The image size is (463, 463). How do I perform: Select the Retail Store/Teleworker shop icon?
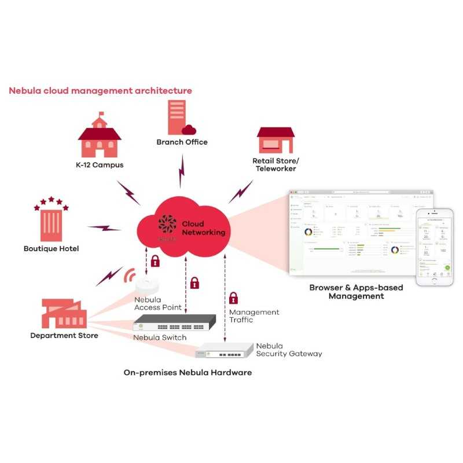pos(275,141)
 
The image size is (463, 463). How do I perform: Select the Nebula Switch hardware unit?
pos(175,323)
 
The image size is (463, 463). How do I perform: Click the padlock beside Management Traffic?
pos(233,298)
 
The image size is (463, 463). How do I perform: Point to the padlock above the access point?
pos(155,261)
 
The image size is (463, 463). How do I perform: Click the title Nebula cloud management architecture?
pos(100,91)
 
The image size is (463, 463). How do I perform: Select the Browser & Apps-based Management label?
pos(356,292)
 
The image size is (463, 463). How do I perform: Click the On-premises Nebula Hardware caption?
pos(188,373)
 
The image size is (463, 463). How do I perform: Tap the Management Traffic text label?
pos(254,316)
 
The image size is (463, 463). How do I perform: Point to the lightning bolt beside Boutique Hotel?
pos(104,228)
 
